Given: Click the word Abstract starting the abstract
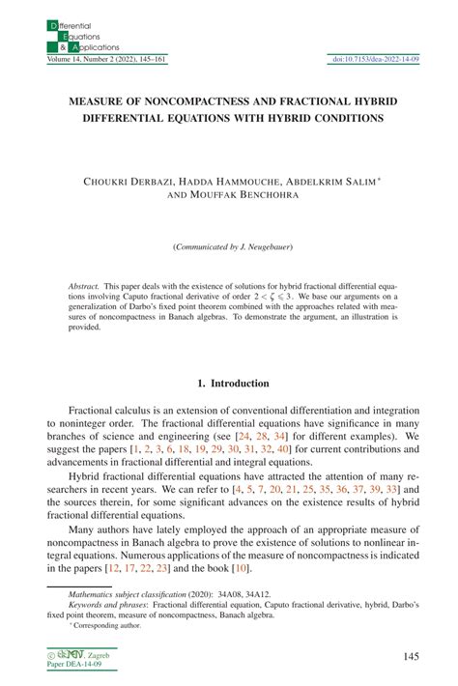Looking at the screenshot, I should pyautogui.click(x=84, y=287).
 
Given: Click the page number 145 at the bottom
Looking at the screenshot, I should pyautogui.click(x=410, y=657).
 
